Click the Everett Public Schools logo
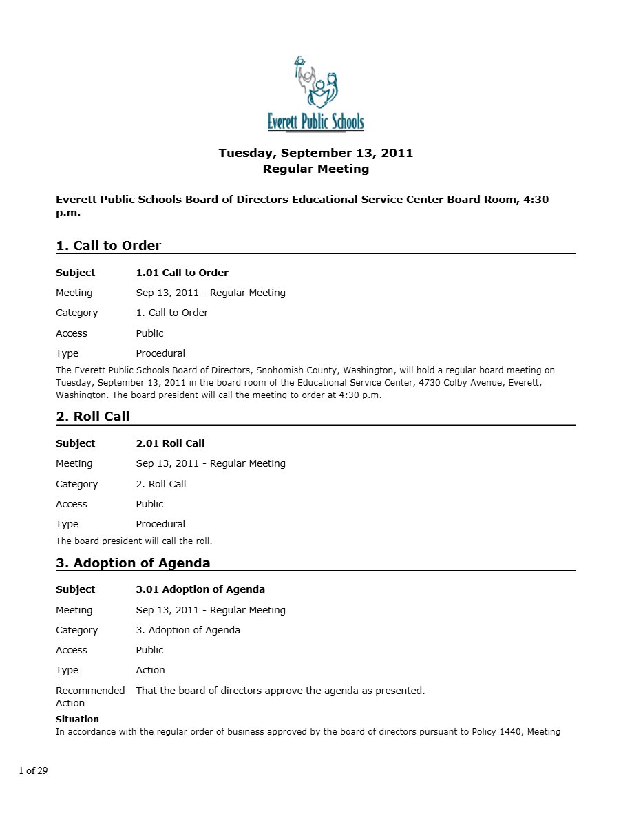click(316, 94)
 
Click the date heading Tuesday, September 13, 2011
click(316, 153)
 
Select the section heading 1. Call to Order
click(108, 246)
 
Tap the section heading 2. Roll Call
click(92, 417)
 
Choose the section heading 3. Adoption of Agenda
click(133, 563)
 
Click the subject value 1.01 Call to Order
click(182, 273)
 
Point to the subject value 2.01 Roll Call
click(170, 443)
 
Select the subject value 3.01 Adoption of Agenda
click(200, 589)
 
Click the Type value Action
click(150, 670)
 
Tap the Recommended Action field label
click(89, 696)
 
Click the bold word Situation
click(77, 719)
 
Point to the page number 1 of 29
click(33, 770)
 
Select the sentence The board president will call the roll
click(134, 541)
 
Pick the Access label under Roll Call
click(72, 504)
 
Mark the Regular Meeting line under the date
click(316, 169)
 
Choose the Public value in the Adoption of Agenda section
click(149, 650)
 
